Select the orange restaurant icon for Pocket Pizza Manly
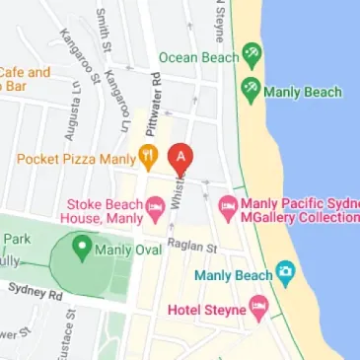click(x=148, y=156)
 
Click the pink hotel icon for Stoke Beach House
click(x=155, y=207)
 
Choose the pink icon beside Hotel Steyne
click(x=258, y=309)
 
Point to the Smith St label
click(x=103, y=30)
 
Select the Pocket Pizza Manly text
click(x=74, y=157)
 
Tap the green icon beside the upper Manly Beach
click(x=251, y=91)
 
